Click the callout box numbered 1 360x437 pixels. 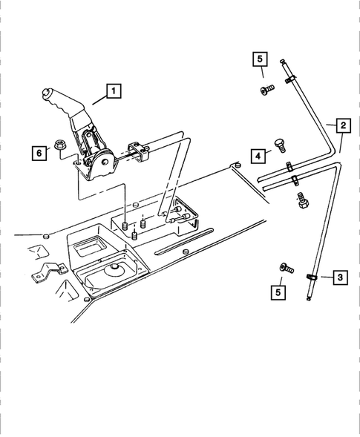pyautogui.click(x=113, y=92)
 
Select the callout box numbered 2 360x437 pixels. pyautogui.click(x=343, y=125)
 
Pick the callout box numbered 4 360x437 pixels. pyautogui.click(x=257, y=156)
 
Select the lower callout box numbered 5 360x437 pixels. pyautogui.click(x=277, y=292)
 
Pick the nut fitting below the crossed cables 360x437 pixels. pyautogui.click(x=301, y=200)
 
